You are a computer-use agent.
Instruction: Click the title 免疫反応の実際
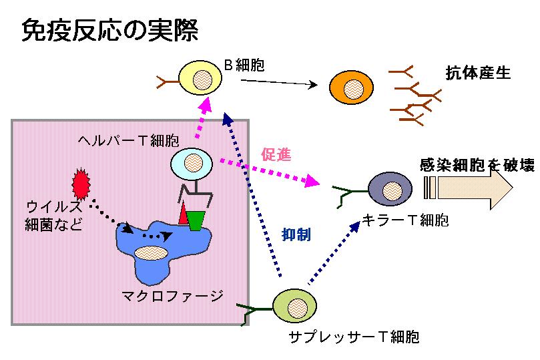coord(110,30)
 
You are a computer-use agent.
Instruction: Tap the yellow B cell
coord(200,78)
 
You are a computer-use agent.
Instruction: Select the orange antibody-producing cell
coord(351,87)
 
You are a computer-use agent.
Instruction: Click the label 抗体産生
coord(478,73)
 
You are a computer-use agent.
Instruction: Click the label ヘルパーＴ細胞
coord(128,140)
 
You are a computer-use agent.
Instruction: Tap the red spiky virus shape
coord(81,184)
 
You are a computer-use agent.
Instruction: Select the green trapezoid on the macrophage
coord(196,220)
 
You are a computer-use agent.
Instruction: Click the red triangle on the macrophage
coord(183,214)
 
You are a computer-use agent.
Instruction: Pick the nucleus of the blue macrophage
coord(151,253)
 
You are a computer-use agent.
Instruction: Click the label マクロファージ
coord(172,297)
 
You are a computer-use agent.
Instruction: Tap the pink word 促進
coord(276,155)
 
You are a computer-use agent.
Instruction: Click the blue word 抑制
coord(296,234)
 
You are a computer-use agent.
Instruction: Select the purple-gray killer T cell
coord(390,189)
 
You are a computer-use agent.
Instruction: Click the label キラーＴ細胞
coord(405,220)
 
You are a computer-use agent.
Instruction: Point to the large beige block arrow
coord(469,188)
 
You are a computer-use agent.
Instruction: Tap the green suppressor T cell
coord(295,306)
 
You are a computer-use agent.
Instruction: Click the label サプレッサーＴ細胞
coord(354,337)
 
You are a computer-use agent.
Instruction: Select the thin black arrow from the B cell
coord(279,82)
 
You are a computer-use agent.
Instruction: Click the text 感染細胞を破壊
coord(477,165)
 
